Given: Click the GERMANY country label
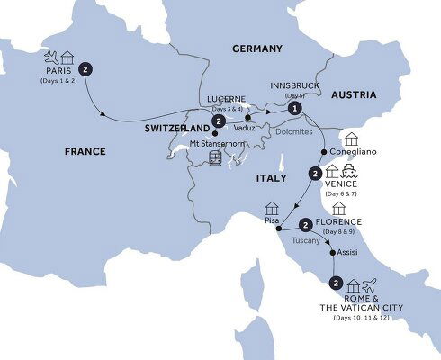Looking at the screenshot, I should tap(256, 49).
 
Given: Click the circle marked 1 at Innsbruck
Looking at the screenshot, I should tap(293, 107).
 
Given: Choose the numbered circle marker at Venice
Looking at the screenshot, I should tap(315, 174).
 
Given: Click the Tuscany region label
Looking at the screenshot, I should tap(308, 240).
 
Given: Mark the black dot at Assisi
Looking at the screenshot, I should tap(336, 253).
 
